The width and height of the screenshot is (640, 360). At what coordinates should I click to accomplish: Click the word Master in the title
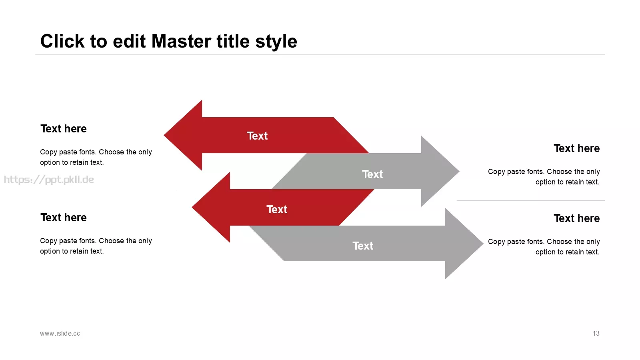click(182, 41)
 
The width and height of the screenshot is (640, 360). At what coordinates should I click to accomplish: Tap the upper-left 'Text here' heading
click(64, 128)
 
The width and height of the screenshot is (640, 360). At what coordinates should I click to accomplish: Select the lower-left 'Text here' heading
click(64, 218)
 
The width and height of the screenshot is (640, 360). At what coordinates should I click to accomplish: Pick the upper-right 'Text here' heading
click(576, 148)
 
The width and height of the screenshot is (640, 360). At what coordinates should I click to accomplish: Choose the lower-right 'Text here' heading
click(576, 218)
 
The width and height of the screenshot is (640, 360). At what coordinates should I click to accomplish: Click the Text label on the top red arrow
click(257, 136)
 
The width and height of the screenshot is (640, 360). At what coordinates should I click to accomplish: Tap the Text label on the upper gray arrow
click(372, 174)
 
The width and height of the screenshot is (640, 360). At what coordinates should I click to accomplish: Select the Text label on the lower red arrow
click(277, 210)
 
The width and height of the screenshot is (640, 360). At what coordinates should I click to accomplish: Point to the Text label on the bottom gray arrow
click(363, 246)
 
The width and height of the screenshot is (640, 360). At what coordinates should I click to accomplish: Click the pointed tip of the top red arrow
click(164, 135)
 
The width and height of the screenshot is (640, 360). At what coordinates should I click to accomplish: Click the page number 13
click(596, 334)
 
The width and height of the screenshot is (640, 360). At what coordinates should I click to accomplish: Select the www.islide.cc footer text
click(60, 334)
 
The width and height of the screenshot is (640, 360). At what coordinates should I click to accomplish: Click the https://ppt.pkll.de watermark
click(49, 180)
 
